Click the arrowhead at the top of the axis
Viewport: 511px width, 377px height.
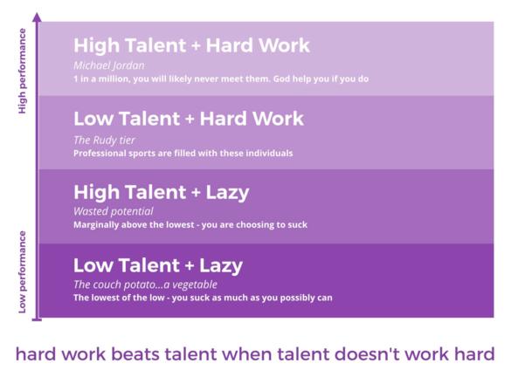coord(38,17)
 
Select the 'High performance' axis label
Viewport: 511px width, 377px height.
coord(22,71)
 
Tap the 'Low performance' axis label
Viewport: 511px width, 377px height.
coord(22,272)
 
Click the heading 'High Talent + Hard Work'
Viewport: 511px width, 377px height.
coord(191,45)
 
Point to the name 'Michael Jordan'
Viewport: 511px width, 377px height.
coord(109,65)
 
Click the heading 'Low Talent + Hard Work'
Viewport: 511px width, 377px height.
coord(189,119)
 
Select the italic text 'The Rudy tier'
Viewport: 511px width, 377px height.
coord(104,141)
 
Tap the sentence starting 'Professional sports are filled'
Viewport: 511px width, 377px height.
coord(183,154)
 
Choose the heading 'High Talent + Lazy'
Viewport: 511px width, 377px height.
coord(162,192)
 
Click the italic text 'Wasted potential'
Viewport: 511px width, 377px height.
coord(113,211)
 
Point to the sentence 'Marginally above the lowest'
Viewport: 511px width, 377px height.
coord(190,225)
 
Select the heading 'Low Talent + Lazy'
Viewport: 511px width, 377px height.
coord(158,265)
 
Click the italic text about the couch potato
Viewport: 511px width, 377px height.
coord(145,284)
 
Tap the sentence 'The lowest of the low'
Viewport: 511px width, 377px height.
coord(203,298)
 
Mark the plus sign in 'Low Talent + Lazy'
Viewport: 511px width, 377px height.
coord(189,266)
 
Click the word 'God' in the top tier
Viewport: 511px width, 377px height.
coord(281,79)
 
